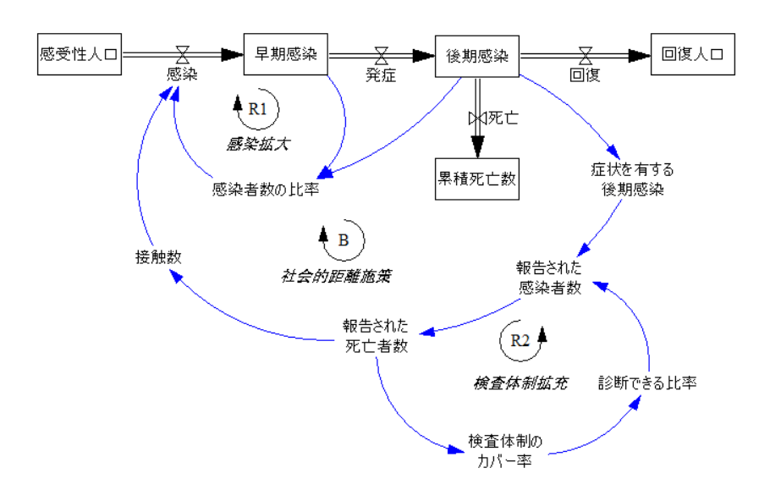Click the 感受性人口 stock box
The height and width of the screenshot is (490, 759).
click(80, 56)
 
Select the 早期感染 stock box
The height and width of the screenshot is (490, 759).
click(285, 56)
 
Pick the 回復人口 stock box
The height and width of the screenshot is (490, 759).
click(692, 56)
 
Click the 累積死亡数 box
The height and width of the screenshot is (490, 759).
click(476, 178)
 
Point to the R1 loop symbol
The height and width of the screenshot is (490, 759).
click(257, 108)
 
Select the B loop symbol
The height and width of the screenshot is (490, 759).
click(342, 240)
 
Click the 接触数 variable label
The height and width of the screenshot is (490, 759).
click(158, 257)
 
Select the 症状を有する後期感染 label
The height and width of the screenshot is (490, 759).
click(633, 179)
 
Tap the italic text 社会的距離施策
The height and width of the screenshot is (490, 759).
click(326, 276)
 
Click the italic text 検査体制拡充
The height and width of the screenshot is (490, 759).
click(520, 383)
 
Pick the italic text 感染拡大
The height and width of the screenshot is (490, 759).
click(258, 144)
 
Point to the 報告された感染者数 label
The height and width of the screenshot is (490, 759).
click(549, 278)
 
